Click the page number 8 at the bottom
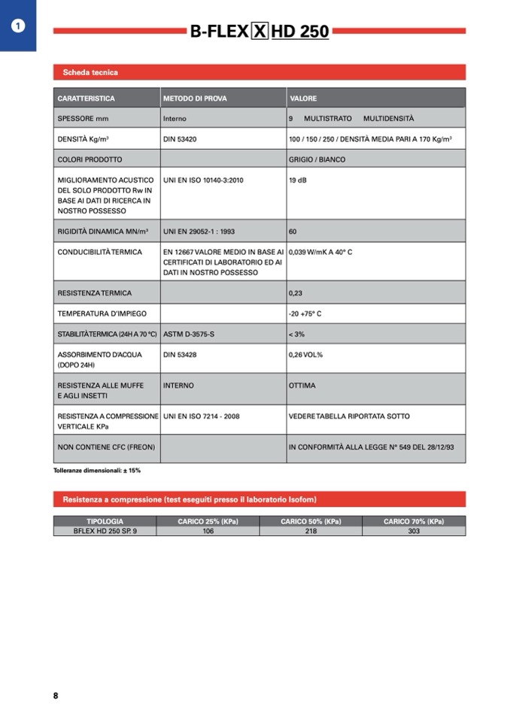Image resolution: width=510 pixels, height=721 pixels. tap(56, 695)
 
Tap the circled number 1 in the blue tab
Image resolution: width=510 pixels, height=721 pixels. tap(18, 26)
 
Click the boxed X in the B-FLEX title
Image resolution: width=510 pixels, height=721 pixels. tap(260, 32)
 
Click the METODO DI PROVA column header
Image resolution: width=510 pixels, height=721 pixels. tap(195, 98)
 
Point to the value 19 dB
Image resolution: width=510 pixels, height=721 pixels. tap(298, 180)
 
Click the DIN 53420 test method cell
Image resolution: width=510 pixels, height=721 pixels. tap(180, 139)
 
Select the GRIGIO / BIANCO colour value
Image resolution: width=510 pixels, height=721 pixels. tap(317, 159)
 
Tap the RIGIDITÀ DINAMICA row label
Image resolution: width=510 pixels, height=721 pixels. tap(103, 232)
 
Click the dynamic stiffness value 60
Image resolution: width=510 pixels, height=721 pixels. tap(293, 232)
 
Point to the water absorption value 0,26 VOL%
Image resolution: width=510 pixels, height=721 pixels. tap(305, 354)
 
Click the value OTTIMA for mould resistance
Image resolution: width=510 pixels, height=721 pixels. tap(302, 386)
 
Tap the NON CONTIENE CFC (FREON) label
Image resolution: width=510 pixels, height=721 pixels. tap(106, 447)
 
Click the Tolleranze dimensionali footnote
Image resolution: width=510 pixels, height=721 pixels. tap(97, 470)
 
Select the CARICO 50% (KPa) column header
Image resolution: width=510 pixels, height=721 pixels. tap(311, 521)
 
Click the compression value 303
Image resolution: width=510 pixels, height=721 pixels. tap(414, 531)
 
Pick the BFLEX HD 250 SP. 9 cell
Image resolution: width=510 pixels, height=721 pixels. tap(105, 531)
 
